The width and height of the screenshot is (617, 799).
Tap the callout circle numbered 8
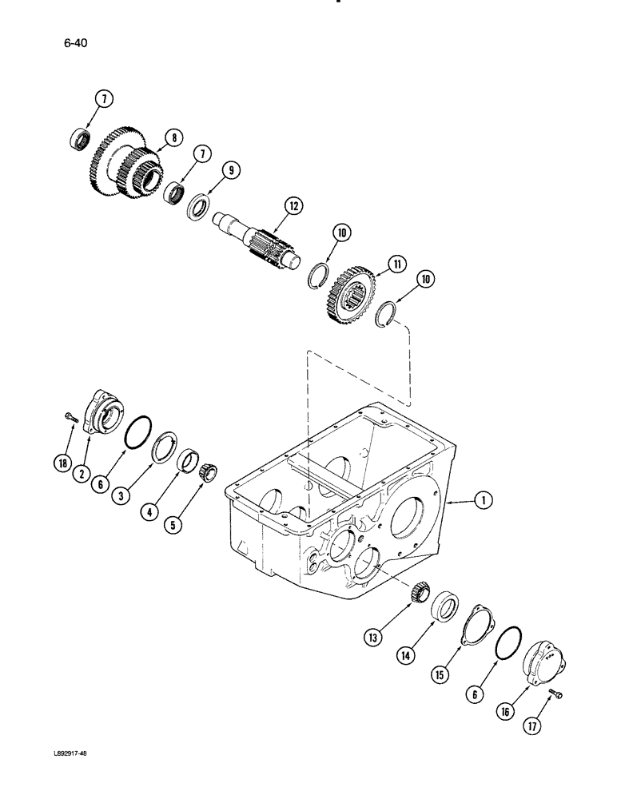170,137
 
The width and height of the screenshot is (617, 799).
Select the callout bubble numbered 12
293,207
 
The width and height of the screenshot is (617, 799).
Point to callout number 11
394,263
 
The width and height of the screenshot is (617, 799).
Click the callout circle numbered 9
229,170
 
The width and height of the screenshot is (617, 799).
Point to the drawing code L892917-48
85,777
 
